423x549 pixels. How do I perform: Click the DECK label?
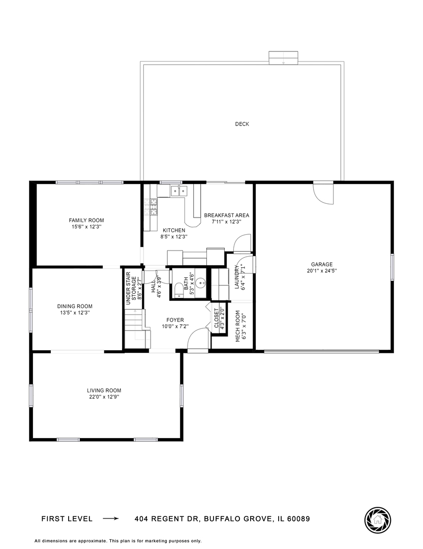[x=242, y=124]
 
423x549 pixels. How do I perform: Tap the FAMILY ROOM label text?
[x=86, y=220]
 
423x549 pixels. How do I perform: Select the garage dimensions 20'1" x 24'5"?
[x=322, y=271]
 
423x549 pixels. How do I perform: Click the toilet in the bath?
[x=177, y=290]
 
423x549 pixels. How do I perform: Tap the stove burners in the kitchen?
[x=152, y=205]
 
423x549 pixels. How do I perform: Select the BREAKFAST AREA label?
[x=226, y=216]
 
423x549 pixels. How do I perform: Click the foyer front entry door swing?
[x=197, y=340]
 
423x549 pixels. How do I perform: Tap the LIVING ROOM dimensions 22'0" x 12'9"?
[x=104, y=397]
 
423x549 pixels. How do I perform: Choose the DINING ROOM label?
[x=75, y=306]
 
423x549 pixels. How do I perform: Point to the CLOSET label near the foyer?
[x=216, y=317]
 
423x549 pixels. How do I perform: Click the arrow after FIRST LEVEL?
[x=110, y=519]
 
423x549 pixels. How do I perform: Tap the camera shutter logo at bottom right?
[x=378, y=519]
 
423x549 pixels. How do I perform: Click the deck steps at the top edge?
[x=283, y=57]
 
